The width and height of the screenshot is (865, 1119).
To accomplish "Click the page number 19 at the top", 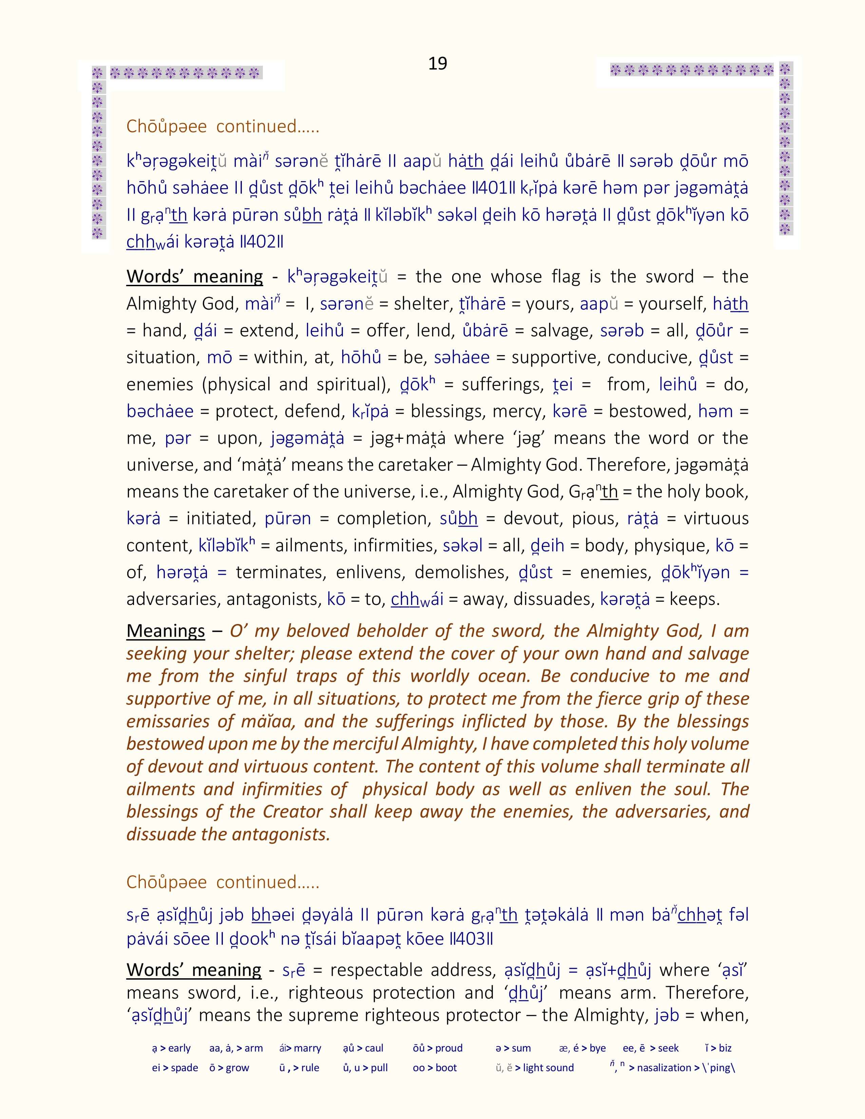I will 438,63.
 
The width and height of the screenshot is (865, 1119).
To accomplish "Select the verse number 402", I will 261,242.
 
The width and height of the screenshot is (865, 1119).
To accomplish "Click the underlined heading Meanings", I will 166,631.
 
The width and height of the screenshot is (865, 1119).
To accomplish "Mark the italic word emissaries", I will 168,721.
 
